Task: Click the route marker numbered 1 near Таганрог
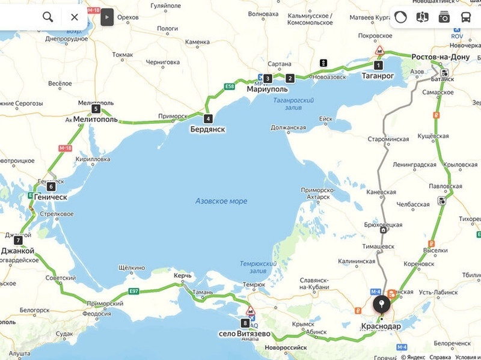click(378, 65)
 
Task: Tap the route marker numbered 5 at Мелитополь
click(96, 109)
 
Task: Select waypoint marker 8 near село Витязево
click(245, 323)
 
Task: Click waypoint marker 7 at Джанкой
click(18, 240)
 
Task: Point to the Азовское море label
click(221, 201)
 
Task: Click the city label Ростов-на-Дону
click(441, 57)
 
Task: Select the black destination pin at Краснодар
click(381, 305)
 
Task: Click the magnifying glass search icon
click(47, 17)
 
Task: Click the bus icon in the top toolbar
click(466, 17)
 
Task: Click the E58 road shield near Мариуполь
click(229, 87)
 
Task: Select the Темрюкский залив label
click(258, 266)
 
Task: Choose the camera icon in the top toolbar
click(444, 17)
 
